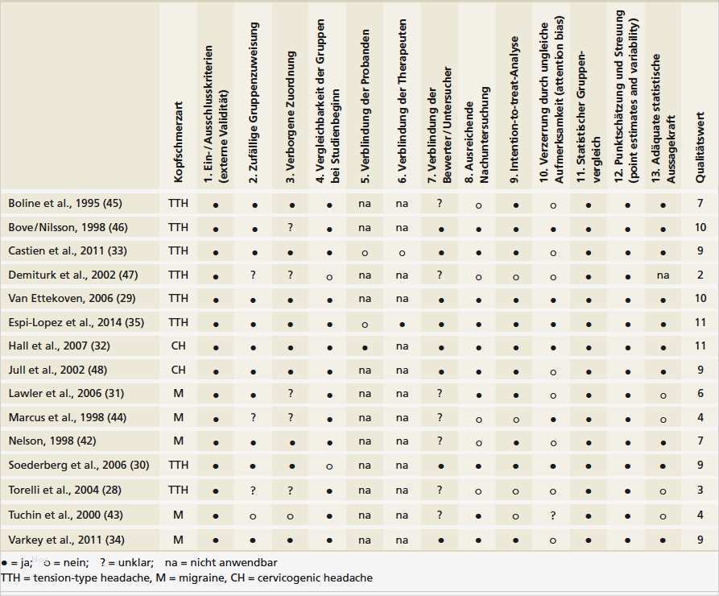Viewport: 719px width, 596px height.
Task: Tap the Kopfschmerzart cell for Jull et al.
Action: pos(179,370)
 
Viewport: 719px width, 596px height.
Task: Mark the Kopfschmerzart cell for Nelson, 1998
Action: pos(179,441)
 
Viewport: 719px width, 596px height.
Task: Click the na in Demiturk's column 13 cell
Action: pos(663,275)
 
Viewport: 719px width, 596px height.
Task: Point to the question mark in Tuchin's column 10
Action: pos(552,514)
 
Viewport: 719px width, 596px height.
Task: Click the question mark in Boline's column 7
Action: pos(440,204)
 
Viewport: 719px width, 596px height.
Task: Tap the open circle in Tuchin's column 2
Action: pos(253,514)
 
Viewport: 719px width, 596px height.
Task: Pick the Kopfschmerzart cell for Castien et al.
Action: pos(179,251)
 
